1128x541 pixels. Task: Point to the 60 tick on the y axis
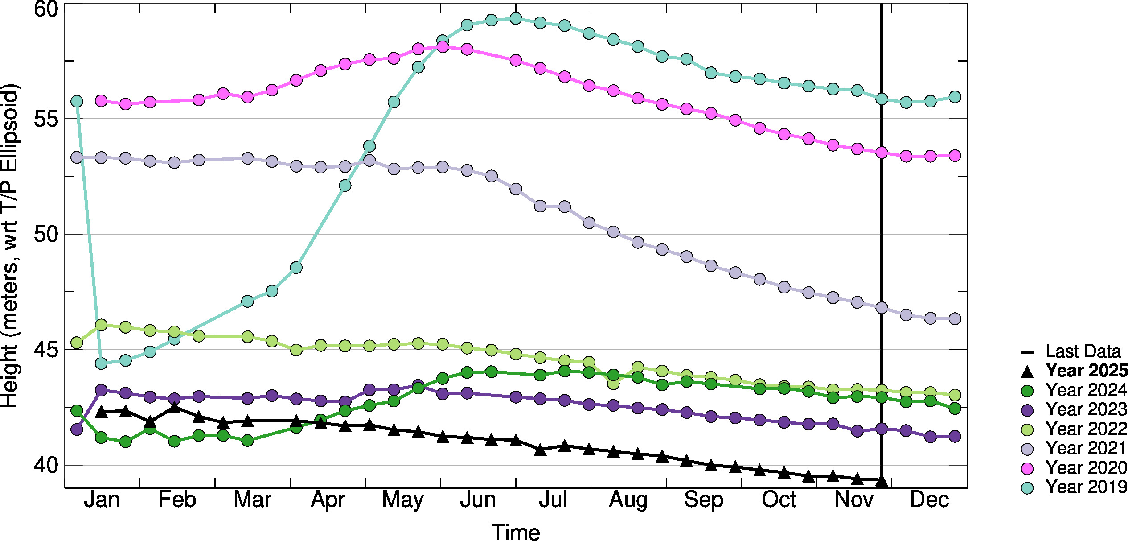click(46, 8)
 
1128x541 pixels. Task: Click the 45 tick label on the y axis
click(46, 350)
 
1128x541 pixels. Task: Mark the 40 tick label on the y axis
click(46, 465)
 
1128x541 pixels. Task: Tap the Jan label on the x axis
click(102, 500)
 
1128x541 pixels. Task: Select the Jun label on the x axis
click(478, 500)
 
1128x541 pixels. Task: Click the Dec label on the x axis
click(929, 500)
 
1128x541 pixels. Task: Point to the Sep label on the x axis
click(704, 500)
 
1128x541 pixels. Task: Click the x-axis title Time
click(516, 532)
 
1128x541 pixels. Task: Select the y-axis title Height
click(10, 245)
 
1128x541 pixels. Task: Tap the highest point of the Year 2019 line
click(516, 18)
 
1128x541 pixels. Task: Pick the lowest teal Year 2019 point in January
click(101, 363)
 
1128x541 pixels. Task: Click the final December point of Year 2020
click(955, 156)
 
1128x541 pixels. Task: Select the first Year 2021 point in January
click(77, 157)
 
